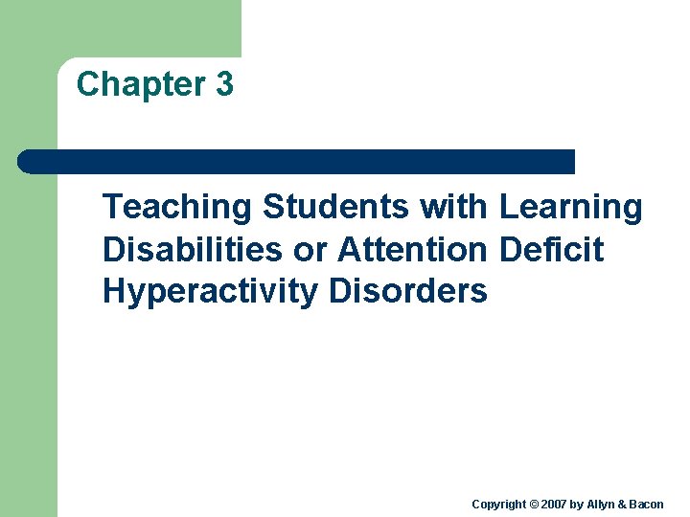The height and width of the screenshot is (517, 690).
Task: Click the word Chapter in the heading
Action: pyautogui.click(x=141, y=84)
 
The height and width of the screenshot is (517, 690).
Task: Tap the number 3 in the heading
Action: pyautogui.click(x=224, y=84)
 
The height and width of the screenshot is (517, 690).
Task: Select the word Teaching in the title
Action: pyautogui.click(x=178, y=207)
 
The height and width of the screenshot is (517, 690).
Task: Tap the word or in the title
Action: pyautogui.click(x=310, y=250)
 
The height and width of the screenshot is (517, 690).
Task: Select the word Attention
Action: pyautogui.click(x=413, y=249)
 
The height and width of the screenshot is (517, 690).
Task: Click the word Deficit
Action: pyautogui.click(x=551, y=249)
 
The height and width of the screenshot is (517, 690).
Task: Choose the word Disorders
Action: pyautogui.click(x=408, y=291)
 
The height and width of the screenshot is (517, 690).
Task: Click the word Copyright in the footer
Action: pyautogui.click(x=498, y=504)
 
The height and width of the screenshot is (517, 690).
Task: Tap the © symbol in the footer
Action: pyautogui.click(x=533, y=504)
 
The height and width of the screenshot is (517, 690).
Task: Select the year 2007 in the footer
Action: pyautogui.click(x=554, y=504)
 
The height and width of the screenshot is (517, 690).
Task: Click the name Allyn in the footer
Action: pyautogui.click(x=602, y=504)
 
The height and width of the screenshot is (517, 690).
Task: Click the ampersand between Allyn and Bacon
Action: pyautogui.click(x=621, y=504)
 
